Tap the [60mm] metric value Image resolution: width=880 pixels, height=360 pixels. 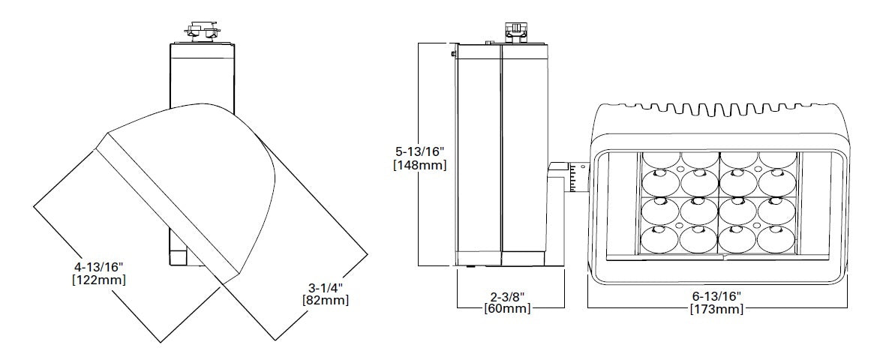pyautogui.click(x=509, y=308)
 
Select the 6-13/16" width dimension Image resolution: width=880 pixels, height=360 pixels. pyautogui.click(x=718, y=296)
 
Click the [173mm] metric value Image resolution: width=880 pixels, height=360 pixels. pyautogui.click(x=718, y=310)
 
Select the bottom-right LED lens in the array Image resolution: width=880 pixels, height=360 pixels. pyautogui.click(x=778, y=238)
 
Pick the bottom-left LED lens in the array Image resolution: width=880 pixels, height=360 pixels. pyautogui.click(x=660, y=238)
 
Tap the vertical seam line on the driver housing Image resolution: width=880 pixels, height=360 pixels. pyautogui.click(x=500, y=154)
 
